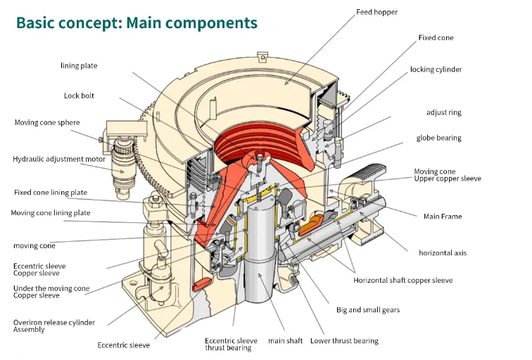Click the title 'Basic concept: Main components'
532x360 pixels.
137,22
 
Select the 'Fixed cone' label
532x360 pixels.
436,37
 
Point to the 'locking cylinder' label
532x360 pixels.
436,70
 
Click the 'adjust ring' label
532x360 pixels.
444,112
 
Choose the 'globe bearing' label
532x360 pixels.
438,138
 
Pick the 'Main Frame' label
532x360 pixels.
442,217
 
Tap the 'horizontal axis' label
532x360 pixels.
443,252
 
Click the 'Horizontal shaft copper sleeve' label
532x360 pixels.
403,281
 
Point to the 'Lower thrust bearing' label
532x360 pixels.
345,341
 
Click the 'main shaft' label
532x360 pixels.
285,341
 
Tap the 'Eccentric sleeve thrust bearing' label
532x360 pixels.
231,345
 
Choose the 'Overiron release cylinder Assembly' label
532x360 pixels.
54,326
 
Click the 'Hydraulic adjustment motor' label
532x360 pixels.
59,160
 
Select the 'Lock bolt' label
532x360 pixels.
79,96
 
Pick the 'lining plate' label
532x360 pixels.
79,66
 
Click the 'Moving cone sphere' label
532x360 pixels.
47,123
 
